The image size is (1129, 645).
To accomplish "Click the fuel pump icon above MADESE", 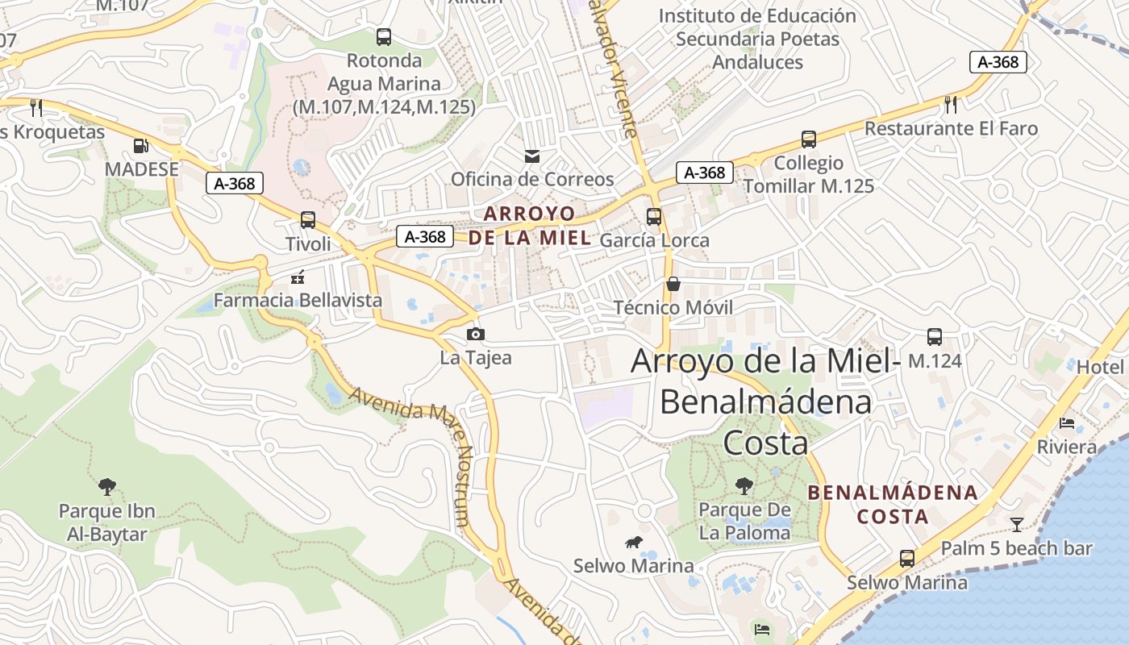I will coord(141,146).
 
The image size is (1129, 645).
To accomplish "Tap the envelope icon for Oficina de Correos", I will coord(532,156).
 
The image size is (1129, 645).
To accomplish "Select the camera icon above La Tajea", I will coord(476,334).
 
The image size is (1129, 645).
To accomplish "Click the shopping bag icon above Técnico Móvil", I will coord(673,284).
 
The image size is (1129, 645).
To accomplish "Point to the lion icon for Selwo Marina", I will coord(633,543).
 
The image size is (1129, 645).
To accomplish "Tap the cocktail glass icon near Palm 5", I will coord(1017,525).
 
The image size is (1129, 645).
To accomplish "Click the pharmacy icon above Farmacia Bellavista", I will coord(298,277).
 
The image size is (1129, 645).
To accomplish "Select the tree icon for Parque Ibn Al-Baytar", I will coord(107,486).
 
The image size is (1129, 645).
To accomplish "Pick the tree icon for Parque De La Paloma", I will coord(744,485).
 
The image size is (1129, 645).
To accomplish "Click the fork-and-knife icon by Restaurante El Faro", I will coord(951,104).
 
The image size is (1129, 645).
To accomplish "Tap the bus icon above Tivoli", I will coord(307,219).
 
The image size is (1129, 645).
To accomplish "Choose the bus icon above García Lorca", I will coord(654,216).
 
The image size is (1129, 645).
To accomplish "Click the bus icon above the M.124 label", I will coord(935,336).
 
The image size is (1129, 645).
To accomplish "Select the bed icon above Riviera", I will coord(1067,422).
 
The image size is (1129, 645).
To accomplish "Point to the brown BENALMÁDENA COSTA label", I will coord(894,504).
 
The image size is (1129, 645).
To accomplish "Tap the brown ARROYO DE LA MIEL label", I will coord(530,226).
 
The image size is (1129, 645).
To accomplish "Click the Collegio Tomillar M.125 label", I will coord(808,175).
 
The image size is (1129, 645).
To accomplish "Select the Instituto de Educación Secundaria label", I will coord(757,39).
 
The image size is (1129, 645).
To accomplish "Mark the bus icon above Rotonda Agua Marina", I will coord(384,36).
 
